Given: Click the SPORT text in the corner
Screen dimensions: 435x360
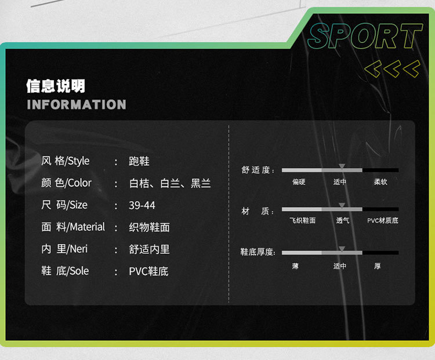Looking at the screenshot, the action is point(364,37).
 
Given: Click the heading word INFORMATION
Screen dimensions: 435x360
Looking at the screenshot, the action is point(76,105).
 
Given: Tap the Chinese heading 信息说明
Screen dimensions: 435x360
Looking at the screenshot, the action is point(56,86).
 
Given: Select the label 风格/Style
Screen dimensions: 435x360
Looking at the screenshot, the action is point(65,161).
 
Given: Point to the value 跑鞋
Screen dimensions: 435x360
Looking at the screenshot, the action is point(139,161).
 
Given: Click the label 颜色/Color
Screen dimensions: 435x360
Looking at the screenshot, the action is point(66,183).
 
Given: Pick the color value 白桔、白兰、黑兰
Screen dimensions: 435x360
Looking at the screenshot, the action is point(169,183).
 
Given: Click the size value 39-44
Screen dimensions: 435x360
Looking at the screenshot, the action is point(142,205).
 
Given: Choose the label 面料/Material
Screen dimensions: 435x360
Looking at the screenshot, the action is point(72,227).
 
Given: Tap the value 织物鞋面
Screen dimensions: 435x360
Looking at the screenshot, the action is point(149,227).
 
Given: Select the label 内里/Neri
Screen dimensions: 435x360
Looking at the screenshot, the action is point(64,249).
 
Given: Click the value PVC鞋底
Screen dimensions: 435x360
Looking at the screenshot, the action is point(148,271).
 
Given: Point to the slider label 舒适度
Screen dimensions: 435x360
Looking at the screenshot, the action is point(258,170).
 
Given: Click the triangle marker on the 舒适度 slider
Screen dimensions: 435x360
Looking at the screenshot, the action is point(342,166).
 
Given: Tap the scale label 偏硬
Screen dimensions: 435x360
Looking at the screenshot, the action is point(299,182).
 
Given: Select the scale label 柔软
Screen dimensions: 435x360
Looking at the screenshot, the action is point(380,182).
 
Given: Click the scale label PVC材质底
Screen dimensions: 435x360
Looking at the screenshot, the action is point(383,221).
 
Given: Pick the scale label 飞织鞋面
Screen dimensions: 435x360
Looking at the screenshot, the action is point(302,221).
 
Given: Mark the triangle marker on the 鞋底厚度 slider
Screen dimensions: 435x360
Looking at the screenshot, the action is point(342,249).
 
